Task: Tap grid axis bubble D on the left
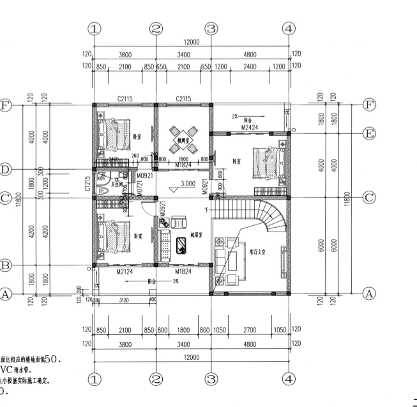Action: point(5,170)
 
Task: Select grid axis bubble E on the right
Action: point(368,133)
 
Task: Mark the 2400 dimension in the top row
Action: point(250,66)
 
